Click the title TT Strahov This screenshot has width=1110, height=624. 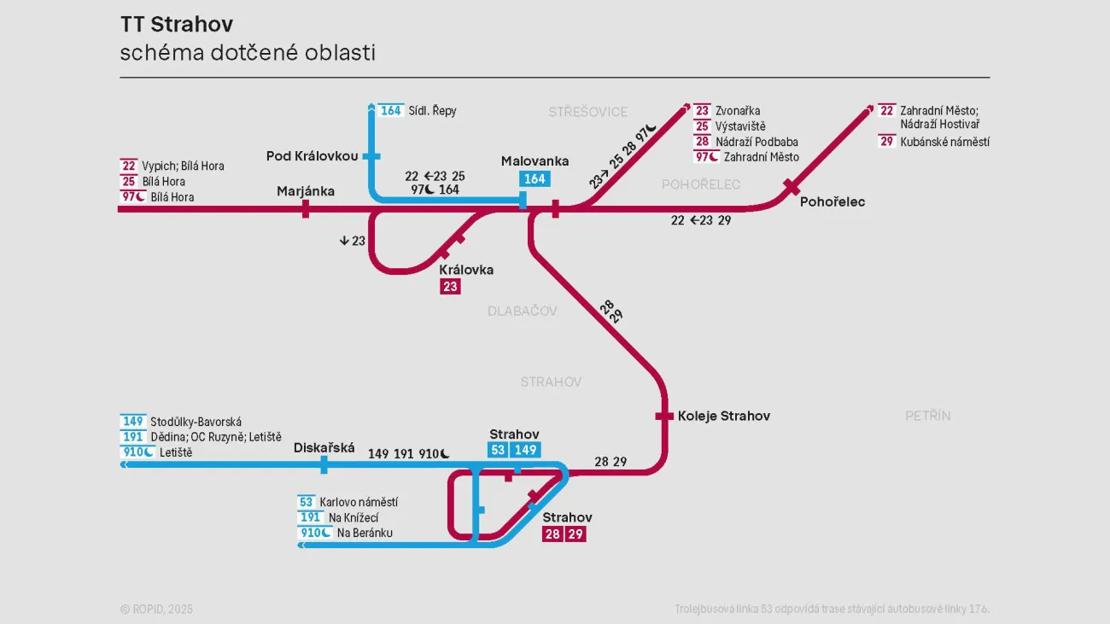pos(177,24)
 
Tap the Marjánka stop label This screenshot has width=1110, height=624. pos(306,191)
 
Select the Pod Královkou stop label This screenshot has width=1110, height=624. pos(312,156)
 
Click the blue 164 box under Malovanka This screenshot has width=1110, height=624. pos(535,179)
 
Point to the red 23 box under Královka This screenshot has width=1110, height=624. pos(450,287)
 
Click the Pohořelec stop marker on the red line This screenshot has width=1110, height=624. pos(792,187)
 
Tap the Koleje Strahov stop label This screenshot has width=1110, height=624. pos(724,416)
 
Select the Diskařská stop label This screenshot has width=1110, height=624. pos(324,448)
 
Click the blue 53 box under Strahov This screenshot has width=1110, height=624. pos(499,450)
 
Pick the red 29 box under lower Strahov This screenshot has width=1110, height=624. pos(576,534)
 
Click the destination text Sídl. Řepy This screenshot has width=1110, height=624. pos(432,111)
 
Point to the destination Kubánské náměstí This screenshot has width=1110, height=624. pos(944,142)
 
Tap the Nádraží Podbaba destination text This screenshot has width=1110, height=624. pos(757,142)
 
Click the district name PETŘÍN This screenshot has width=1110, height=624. pos(928,416)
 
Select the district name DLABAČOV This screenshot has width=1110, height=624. pos(523,311)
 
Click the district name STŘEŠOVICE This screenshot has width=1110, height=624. pos(588,112)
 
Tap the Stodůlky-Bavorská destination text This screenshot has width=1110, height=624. pos(196,422)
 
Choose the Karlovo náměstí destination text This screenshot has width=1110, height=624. pos(359,503)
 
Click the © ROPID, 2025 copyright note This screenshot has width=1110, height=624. pos(156,609)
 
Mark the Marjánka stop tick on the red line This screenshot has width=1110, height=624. pos(306,209)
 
